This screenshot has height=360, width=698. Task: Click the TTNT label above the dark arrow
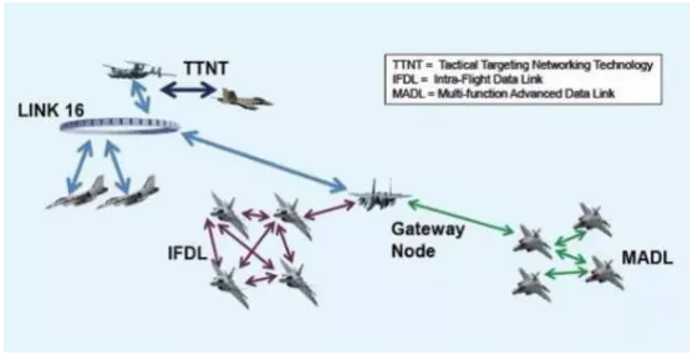click(206, 69)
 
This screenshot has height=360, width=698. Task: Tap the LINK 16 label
click(51, 110)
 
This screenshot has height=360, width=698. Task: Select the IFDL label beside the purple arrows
click(187, 253)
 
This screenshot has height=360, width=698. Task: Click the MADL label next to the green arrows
click(647, 258)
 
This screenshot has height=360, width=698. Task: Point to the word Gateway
click(428, 230)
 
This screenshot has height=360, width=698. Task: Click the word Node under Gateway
click(413, 251)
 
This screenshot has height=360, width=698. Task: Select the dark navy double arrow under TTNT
click(188, 90)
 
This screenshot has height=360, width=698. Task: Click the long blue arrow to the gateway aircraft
click(264, 161)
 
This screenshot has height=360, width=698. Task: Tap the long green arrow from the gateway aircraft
click(461, 217)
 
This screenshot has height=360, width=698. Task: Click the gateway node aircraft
click(379, 194)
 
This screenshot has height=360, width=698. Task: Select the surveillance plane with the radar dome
click(139, 70)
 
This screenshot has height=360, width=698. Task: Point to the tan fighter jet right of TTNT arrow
click(245, 98)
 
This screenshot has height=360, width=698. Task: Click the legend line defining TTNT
click(523, 65)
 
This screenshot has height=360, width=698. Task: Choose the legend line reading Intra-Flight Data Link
click(468, 79)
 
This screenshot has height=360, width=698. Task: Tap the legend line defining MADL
click(503, 93)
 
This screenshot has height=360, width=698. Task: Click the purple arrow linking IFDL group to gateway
click(329, 210)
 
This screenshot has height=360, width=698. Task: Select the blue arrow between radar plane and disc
click(141, 97)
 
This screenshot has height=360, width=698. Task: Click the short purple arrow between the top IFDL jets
click(256, 215)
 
